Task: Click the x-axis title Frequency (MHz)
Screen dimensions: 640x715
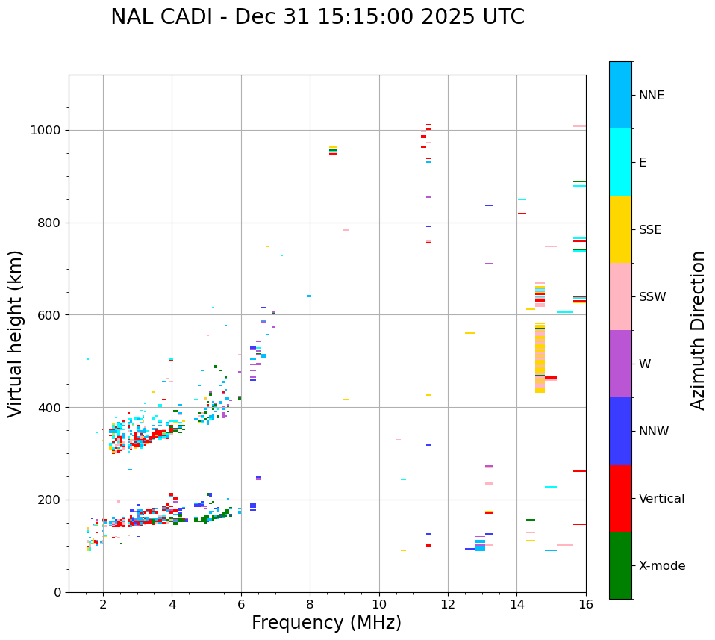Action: [326, 623]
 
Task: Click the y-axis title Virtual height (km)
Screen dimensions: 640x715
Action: [16, 334]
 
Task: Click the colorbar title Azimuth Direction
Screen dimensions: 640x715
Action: [698, 330]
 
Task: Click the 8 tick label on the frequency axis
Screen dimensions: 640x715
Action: [310, 604]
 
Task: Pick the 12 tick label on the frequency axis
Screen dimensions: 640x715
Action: [448, 604]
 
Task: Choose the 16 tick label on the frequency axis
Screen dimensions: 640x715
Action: [586, 604]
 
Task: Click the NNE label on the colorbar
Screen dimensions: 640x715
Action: [651, 96]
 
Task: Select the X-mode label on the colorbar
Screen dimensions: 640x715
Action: [661, 566]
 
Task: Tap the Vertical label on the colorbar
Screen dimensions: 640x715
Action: [661, 499]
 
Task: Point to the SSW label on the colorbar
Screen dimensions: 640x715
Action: [652, 297]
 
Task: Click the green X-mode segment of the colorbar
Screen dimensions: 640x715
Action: [620, 565]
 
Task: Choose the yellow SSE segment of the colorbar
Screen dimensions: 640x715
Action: [620, 229]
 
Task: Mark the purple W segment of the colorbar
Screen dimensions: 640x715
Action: [620, 364]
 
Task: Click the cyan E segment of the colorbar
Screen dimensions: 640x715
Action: [620, 162]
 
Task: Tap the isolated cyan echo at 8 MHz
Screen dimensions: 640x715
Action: [309, 296]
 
